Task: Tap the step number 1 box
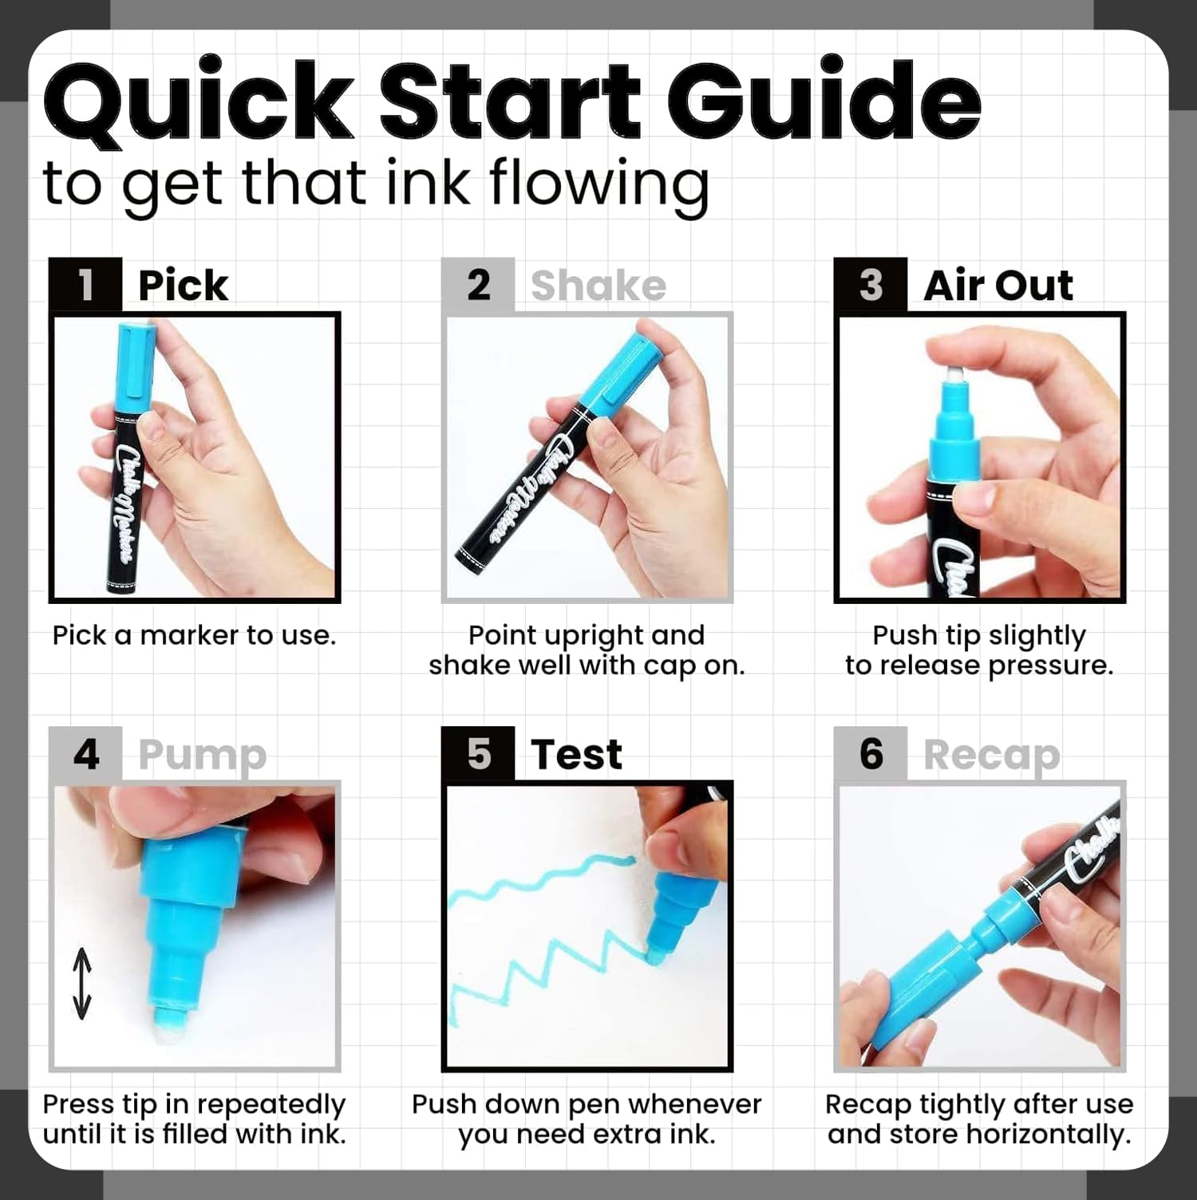pos(85,285)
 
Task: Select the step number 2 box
pos(478,285)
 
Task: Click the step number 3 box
pos(871,285)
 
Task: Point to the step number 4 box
pos(85,754)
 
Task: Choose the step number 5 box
pos(478,754)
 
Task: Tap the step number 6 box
pos(871,754)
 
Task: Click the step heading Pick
pos(183,286)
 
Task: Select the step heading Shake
pos(598,286)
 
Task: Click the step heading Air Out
pos(998,286)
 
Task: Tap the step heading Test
pos(576,755)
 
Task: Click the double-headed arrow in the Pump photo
pos(82,983)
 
